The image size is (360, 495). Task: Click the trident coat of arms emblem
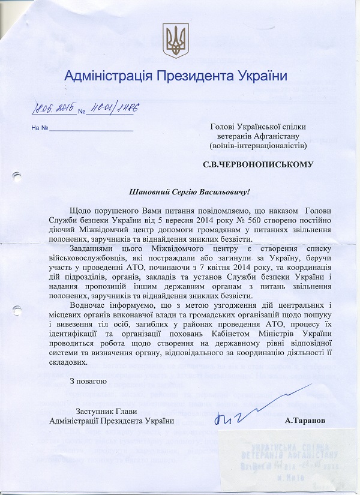tap(176, 41)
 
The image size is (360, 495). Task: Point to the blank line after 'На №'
tap(91, 128)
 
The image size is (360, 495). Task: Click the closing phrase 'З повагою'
tap(88, 380)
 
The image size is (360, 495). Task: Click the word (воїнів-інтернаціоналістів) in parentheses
tap(258, 145)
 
